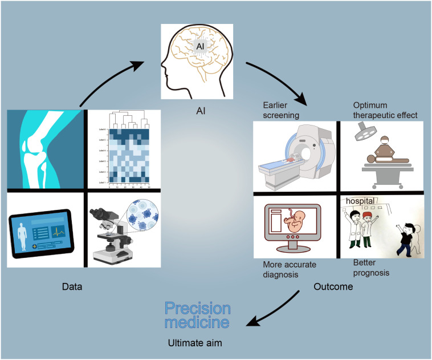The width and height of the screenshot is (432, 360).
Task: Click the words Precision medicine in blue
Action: point(198,315)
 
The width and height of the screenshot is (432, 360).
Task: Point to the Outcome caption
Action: point(333,287)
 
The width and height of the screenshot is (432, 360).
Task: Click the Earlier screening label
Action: point(282,109)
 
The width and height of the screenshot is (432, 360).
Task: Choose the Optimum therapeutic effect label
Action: point(385,109)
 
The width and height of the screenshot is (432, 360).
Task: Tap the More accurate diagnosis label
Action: point(289,269)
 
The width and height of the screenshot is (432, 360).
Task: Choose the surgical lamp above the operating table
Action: point(362,132)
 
